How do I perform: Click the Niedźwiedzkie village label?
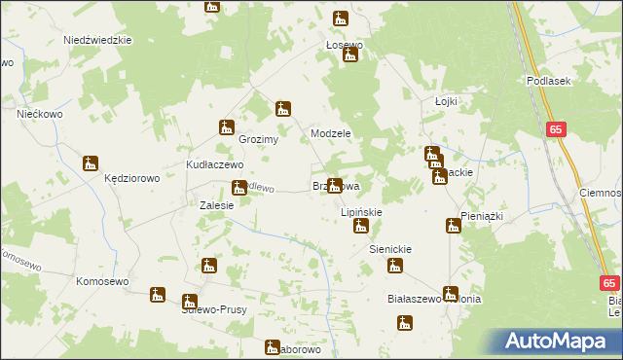pyautogui.click(x=97, y=40)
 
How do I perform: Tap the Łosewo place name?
pyautogui.click(x=344, y=45)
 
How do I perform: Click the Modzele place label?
pyautogui.click(x=330, y=133)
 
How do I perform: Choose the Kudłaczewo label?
pyautogui.click(x=214, y=164)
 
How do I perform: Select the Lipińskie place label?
pyautogui.click(x=360, y=211)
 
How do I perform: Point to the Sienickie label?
pyautogui.click(x=390, y=249)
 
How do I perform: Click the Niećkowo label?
pyautogui.click(x=40, y=114)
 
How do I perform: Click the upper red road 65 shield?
pyautogui.click(x=556, y=128)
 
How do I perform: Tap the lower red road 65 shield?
pyautogui.click(x=609, y=283)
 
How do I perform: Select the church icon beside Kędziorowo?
pyautogui.click(x=91, y=163)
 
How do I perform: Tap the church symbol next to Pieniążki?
pyautogui.click(x=453, y=226)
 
